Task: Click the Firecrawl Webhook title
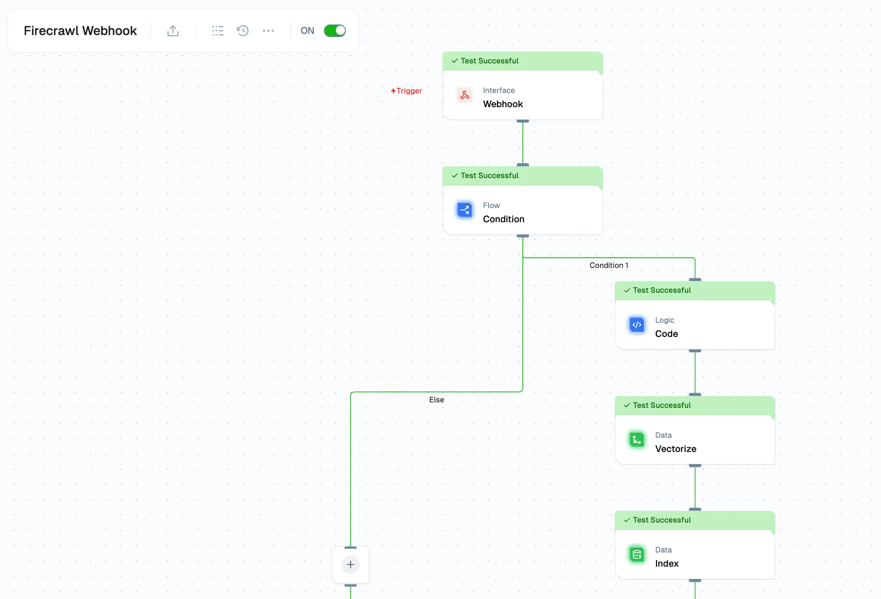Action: [80, 31]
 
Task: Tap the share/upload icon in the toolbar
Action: [173, 31]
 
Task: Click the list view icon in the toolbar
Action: [217, 31]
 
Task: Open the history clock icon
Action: [243, 31]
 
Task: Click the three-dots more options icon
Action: [268, 31]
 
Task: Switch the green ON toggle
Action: [335, 31]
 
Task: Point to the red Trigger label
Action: [407, 91]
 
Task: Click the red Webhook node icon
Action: [465, 95]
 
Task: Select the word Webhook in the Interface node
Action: [503, 104]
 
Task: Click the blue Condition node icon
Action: [465, 210]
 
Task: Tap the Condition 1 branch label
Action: [609, 265]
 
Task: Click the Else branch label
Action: [437, 400]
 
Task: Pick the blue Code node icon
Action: [637, 325]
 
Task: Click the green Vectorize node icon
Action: [637, 440]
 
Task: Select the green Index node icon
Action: [637, 555]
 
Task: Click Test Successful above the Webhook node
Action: [489, 61]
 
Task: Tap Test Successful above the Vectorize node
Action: [662, 405]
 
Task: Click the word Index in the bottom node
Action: [667, 564]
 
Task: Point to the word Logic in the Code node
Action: [664, 320]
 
